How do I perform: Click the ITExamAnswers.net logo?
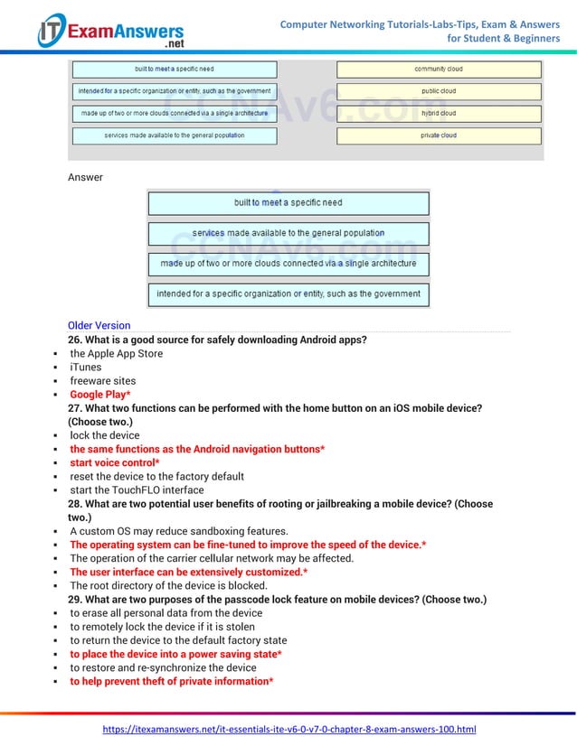pyautogui.click(x=109, y=32)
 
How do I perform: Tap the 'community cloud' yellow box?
pyautogui.click(x=439, y=70)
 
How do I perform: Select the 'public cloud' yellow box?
pyautogui.click(x=439, y=91)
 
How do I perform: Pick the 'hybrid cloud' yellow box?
pyautogui.click(x=439, y=114)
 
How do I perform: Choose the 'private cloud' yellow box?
pyautogui.click(x=439, y=135)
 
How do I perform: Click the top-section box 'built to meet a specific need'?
pyautogui.click(x=174, y=70)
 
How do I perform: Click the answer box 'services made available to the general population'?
pyautogui.click(x=288, y=233)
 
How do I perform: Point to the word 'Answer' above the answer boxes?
pyautogui.click(x=85, y=177)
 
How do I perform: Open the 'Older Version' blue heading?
pyautogui.click(x=99, y=325)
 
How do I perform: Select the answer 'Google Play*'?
pyautogui.click(x=100, y=395)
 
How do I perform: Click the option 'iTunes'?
pyautogui.click(x=86, y=368)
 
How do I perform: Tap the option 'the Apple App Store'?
pyautogui.click(x=116, y=354)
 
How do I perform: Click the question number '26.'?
pyautogui.click(x=76, y=340)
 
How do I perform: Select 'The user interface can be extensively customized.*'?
pyautogui.click(x=188, y=572)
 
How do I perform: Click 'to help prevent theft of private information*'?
pyautogui.click(x=172, y=681)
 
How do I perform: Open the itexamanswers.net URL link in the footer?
pyautogui.click(x=288, y=729)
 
